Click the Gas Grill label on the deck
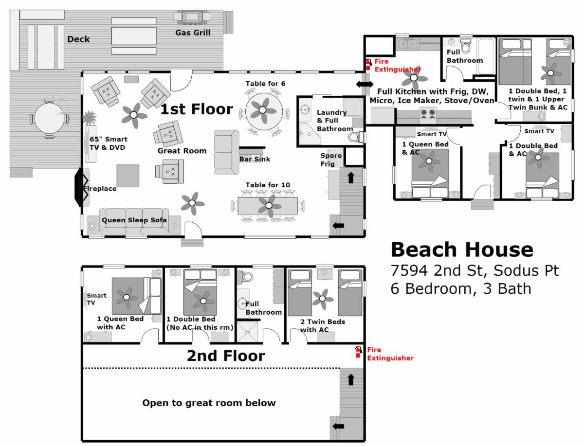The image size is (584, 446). click(193, 33)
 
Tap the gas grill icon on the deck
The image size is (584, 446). click(192, 17)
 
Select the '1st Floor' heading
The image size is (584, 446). click(197, 109)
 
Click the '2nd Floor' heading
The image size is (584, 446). click(226, 356)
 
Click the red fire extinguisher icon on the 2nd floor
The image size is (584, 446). click(358, 352)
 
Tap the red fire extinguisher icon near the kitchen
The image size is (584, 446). click(368, 65)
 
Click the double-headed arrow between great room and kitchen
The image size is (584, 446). click(365, 85)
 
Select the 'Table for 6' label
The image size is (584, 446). click(265, 84)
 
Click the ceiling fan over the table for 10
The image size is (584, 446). click(269, 205)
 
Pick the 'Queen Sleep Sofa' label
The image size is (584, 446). click(134, 220)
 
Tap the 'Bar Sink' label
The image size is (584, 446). click(255, 159)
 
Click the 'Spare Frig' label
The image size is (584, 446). click(331, 160)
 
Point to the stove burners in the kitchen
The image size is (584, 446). click(428, 113)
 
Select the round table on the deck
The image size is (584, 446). click(49, 118)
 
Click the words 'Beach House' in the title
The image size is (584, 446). click(462, 250)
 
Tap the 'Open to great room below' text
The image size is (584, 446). click(209, 403)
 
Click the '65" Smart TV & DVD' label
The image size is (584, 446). click(109, 143)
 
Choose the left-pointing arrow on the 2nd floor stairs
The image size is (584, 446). click(338, 427)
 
